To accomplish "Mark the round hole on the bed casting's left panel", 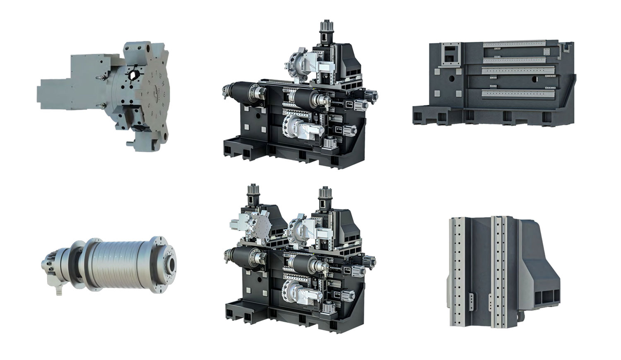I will [452, 77].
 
